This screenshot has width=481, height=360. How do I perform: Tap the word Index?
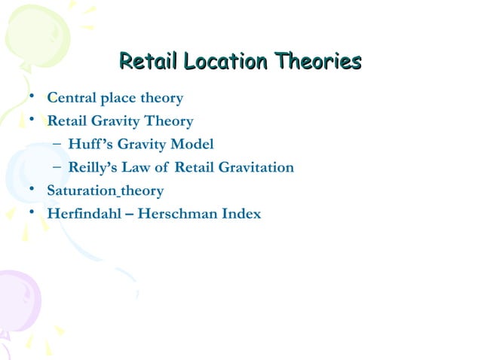(x=241, y=214)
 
